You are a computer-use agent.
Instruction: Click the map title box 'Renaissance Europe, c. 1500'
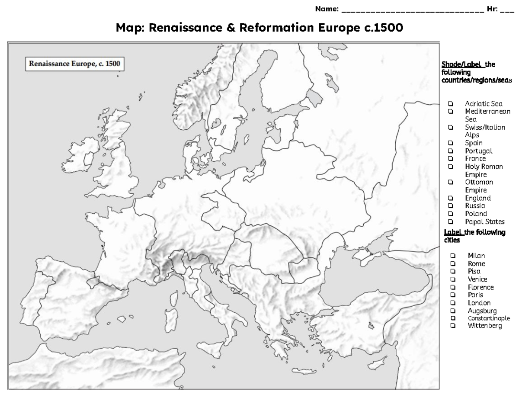(x=74, y=64)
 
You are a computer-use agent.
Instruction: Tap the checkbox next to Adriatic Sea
(x=451, y=103)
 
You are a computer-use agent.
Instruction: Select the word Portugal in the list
(x=478, y=151)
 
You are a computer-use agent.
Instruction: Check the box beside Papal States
(x=451, y=222)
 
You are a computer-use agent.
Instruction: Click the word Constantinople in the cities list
(x=489, y=318)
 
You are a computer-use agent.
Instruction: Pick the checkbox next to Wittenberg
(x=453, y=326)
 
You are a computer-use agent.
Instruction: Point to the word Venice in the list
(x=477, y=279)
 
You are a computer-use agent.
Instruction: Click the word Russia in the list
(x=475, y=206)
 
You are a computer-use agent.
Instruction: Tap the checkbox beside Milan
(x=453, y=256)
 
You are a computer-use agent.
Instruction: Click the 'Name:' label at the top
(x=327, y=9)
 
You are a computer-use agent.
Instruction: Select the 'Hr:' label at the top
(x=492, y=9)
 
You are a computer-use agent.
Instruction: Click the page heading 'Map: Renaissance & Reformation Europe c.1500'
(x=259, y=28)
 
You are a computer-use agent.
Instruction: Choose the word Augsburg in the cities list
(x=482, y=311)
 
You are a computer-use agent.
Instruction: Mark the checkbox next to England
(x=451, y=198)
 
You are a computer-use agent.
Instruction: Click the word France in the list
(x=475, y=159)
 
